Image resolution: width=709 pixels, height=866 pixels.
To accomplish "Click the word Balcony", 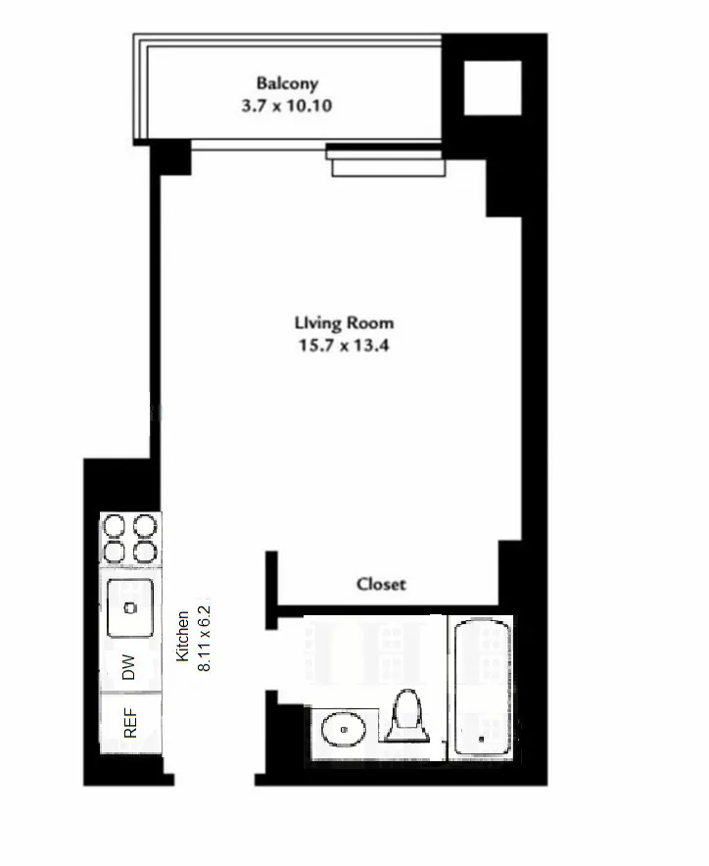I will point(287,83).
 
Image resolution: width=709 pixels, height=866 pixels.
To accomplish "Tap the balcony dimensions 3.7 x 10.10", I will point(286,105).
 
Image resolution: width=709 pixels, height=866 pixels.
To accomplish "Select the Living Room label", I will point(344,322).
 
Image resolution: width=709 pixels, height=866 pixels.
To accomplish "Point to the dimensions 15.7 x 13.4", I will point(344,345).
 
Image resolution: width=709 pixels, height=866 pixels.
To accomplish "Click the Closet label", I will point(381,584).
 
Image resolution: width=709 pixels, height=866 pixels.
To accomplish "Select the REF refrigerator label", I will point(128,723).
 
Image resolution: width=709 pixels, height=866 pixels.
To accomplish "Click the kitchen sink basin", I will point(130,606).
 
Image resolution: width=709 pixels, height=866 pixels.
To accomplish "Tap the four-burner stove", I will point(130,539).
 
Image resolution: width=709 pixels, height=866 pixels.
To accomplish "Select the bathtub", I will point(481,686).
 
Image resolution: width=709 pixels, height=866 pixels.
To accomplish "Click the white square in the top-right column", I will point(492,89).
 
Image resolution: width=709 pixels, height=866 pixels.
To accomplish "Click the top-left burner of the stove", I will point(116,526).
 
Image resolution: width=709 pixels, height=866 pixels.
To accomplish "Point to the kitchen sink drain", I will point(129,607).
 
